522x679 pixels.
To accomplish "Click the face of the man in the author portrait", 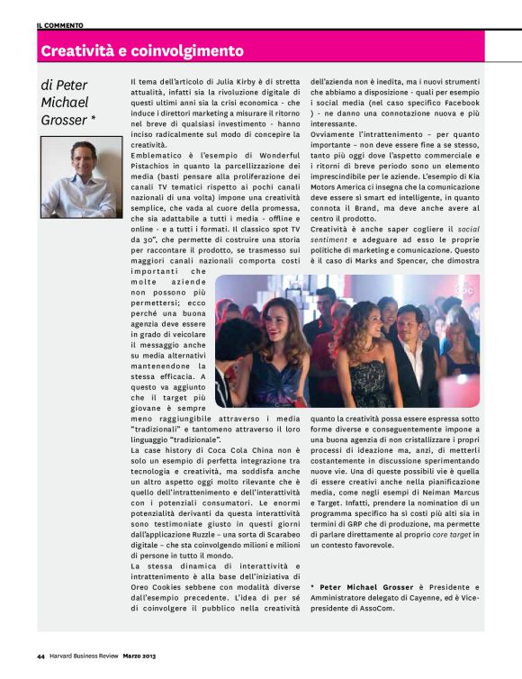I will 81,163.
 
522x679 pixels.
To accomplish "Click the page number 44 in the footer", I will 41,655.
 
